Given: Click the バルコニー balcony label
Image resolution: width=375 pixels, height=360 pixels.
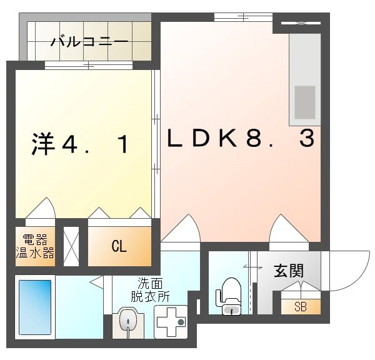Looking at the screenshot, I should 90,42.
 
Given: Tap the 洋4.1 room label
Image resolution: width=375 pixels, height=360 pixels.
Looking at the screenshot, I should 81,144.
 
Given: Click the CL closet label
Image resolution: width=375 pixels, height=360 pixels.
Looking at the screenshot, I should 119,246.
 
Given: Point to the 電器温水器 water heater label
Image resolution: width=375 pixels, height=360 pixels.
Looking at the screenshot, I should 35,246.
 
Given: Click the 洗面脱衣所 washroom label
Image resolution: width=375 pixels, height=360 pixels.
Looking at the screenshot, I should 150,289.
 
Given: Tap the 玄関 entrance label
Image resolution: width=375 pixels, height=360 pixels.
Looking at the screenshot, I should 288,271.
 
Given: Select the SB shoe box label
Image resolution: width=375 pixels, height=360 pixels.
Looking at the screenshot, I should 300,306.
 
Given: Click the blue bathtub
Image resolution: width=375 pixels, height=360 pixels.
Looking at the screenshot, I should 35,307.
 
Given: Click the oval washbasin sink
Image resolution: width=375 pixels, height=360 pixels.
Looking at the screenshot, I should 128,321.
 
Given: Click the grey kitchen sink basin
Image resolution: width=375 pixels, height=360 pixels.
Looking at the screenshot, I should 305,101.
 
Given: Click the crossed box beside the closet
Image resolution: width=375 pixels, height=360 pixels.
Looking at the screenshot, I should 71,246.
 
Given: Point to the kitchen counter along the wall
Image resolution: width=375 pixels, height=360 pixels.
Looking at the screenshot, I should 305,78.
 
